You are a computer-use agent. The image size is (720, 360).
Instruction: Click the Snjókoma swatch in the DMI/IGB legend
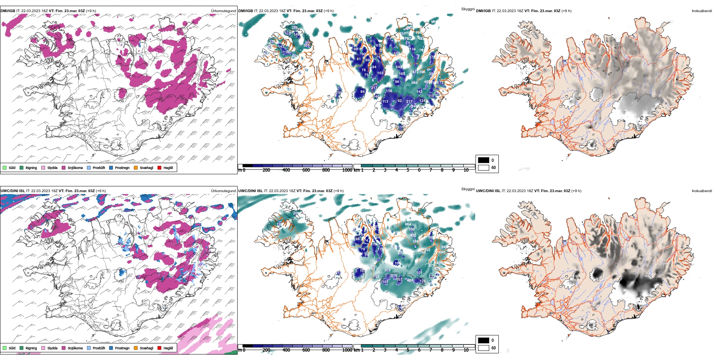64,167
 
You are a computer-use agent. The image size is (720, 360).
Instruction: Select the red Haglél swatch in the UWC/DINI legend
160,348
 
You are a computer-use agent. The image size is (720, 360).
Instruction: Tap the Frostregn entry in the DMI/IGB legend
111,167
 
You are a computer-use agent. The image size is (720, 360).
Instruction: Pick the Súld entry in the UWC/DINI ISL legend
5,348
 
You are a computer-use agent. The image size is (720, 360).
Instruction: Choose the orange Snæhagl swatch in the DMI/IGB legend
136,167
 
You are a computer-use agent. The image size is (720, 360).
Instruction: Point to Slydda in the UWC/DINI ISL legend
43,348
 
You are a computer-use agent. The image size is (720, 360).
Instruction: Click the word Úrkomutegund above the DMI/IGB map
223,11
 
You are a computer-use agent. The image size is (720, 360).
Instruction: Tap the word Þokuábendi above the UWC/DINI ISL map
702,191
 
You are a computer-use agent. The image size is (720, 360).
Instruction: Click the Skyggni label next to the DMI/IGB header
468,9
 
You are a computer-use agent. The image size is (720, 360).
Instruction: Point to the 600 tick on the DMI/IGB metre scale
306,170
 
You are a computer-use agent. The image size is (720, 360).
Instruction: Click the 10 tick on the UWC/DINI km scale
466,350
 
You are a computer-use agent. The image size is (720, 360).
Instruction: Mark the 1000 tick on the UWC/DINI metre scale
347,350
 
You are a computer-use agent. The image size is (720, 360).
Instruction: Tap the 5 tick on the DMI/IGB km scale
408,170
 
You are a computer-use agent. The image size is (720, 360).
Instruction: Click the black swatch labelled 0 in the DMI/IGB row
484,160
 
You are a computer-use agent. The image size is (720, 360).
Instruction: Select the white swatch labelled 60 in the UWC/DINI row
484,348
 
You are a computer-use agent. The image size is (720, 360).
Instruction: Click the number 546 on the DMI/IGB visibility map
414,83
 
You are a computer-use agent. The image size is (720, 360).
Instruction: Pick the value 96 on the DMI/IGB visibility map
397,82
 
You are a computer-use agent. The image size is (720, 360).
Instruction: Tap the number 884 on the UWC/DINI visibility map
408,224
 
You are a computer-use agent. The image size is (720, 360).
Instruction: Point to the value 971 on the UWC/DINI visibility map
431,266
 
